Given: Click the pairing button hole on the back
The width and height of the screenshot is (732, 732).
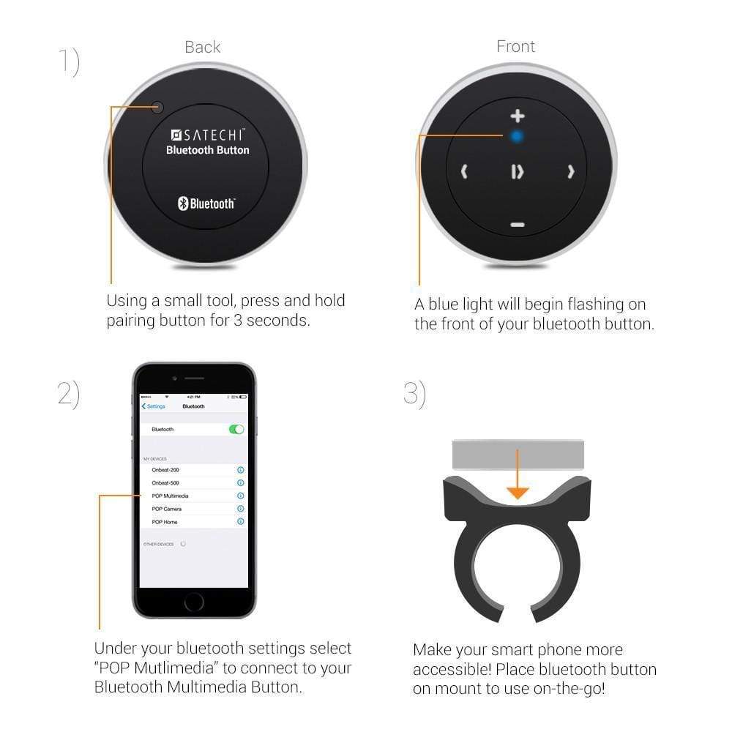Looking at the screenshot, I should (x=157, y=108).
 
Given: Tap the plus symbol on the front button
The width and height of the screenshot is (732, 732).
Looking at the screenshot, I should (x=518, y=116).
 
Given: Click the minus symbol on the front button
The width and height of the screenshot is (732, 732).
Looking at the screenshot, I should (x=518, y=225).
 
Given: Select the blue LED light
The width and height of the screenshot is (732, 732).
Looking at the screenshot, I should (x=517, y=136).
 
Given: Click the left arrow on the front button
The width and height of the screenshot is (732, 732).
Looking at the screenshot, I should (x=464, y=172).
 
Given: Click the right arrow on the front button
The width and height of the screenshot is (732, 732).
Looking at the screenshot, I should (x=571, y=172).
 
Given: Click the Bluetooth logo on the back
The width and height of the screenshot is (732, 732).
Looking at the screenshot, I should (x=206, y=203).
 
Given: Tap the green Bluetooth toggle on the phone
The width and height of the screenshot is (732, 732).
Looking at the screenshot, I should (x=236, y=429).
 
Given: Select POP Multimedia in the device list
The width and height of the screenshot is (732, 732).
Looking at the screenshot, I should (x=170, y=496).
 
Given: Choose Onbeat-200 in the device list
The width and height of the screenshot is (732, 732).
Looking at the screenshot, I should (x=165, y=470).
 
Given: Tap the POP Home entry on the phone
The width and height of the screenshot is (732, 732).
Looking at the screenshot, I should (x=165, y=522).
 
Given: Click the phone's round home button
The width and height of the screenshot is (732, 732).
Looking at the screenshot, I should (x=194, y=602).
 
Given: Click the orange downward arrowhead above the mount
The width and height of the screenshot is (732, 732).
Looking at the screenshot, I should (x=518, y=493).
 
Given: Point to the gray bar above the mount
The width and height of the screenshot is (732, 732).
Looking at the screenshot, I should (x=518, y=455).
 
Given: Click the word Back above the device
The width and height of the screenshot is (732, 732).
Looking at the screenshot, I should (x=203, y=48).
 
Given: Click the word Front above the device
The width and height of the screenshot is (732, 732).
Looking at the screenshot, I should (x=516, y=47).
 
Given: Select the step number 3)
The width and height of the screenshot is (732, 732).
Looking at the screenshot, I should (x=414, y=394).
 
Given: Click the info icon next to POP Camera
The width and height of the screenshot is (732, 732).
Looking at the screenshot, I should (x=240, y=509).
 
